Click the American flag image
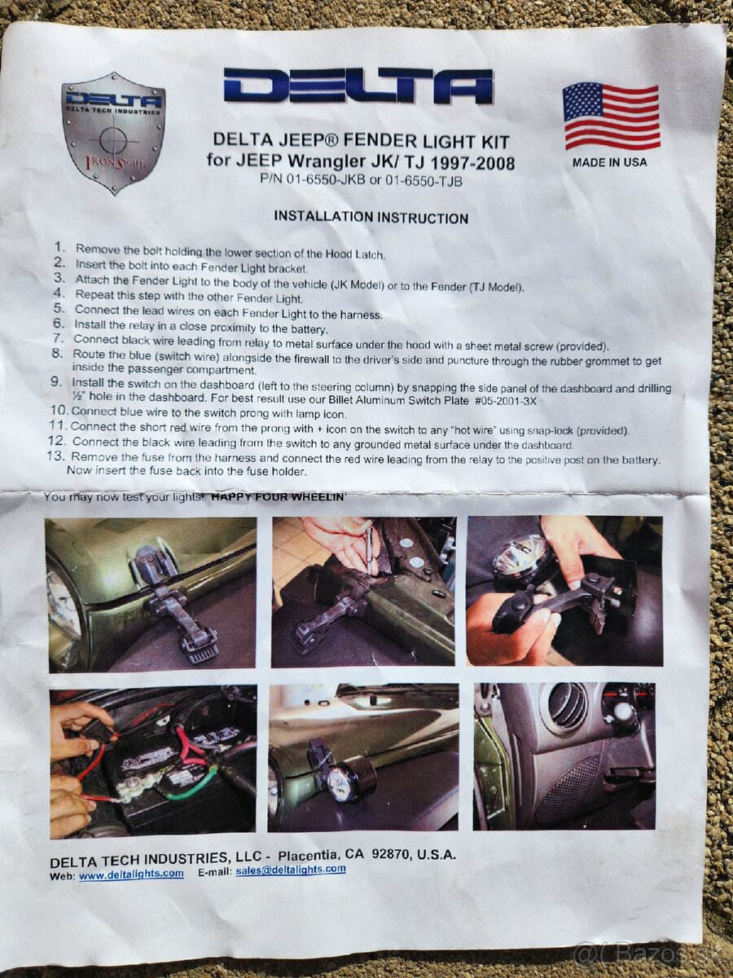[x=611, y=116]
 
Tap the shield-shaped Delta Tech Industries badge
[x=113, y=131]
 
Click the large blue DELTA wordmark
[x=358, y=86]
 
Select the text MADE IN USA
[x=609, y=162]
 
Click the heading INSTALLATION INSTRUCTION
[x=371, y=218]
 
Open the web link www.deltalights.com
[x=131, y=874]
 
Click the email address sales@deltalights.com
[x=291, y=870]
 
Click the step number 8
[x=56, y=355]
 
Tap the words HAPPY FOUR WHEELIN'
[x=278, y=496]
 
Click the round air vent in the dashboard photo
[x=567, y=706]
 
